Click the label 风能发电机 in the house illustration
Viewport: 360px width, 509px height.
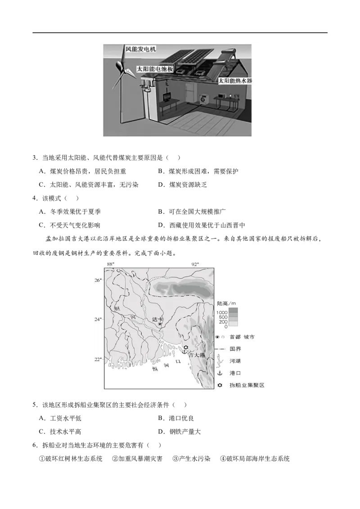tap(140, 49)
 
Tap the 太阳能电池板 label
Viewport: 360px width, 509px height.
tap(155, 69)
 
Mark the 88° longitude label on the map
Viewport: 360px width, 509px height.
tap(111, 264)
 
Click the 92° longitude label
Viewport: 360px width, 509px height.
tap(194, 264)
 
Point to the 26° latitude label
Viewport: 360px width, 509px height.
tap(98, 280)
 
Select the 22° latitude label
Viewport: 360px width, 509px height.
tap(98, 359)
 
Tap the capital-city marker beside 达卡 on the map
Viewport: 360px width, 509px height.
tap(160, 324)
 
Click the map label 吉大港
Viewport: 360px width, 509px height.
tap(197, 355)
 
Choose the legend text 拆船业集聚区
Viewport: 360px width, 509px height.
tap(247, 385)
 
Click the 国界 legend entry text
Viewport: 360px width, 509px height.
tap(235, 349)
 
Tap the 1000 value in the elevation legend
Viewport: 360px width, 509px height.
tap(222, 313)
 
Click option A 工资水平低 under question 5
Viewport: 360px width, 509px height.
tap(60, 419)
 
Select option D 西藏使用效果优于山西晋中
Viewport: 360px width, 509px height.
tap(202, 225)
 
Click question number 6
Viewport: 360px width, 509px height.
tap(35, 445)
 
